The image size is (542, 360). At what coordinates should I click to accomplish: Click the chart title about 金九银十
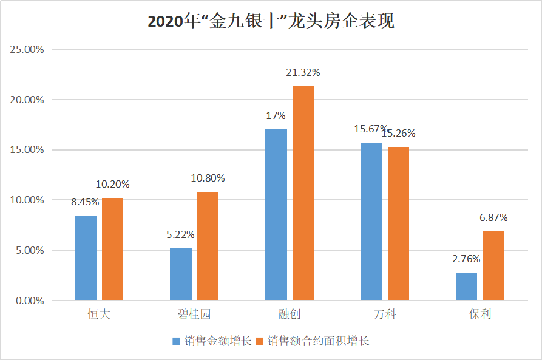point(271,22)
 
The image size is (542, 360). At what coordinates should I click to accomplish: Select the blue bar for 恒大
point(86,257)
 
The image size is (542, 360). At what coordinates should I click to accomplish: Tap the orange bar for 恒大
point(112,249)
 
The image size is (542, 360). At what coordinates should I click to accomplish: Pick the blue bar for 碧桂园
point(181,274)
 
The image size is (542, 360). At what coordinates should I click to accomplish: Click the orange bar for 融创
point(303,193)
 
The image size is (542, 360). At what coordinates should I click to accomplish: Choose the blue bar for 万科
point(371,222)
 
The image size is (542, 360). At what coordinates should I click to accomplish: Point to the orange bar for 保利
point(493,265)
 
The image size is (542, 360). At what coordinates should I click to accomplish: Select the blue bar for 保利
point(466,286)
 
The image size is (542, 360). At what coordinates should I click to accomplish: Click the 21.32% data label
point(303,73)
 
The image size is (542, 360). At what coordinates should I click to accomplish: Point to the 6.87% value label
point(493,218)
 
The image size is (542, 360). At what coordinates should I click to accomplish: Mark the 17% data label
point(276,116)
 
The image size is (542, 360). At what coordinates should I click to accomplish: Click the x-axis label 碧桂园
point(194,315)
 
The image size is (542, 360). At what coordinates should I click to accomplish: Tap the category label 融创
point(290,315)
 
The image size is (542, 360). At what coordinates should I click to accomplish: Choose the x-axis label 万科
point(385,315)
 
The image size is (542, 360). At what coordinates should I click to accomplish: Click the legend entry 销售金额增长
point(212,341)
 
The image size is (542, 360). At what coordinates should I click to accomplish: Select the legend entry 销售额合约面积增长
point(313,341)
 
